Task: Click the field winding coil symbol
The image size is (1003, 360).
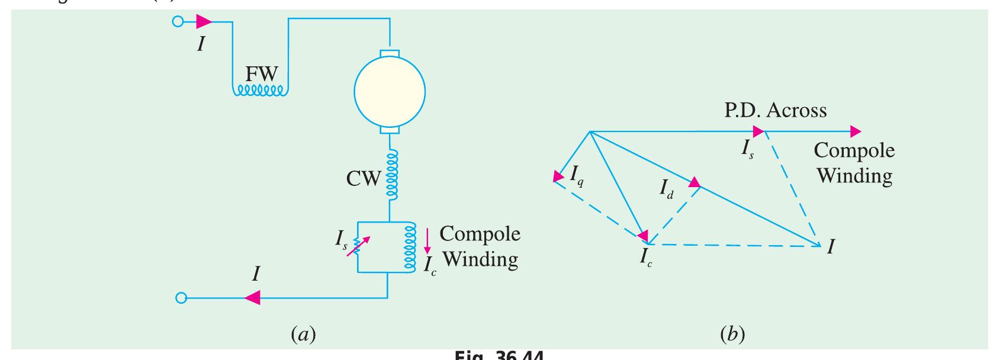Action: [261, 91]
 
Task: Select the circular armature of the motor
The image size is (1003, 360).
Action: [390, 91]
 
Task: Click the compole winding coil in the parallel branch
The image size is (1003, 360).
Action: [408, 247]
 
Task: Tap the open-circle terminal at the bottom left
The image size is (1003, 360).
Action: [181, 298]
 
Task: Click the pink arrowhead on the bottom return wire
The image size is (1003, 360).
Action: [252, 298]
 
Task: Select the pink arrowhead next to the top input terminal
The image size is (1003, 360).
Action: [204, 22]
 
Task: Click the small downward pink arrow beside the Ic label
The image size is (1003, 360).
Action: [427, 242]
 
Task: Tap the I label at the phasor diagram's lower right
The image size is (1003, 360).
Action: [831, 247]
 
